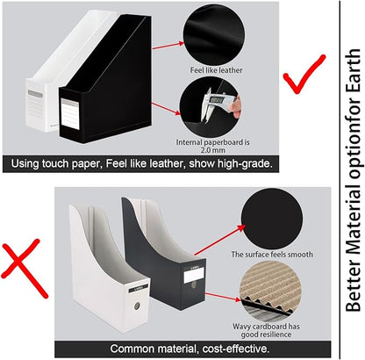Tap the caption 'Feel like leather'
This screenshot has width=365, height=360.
(x=214, y=69)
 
